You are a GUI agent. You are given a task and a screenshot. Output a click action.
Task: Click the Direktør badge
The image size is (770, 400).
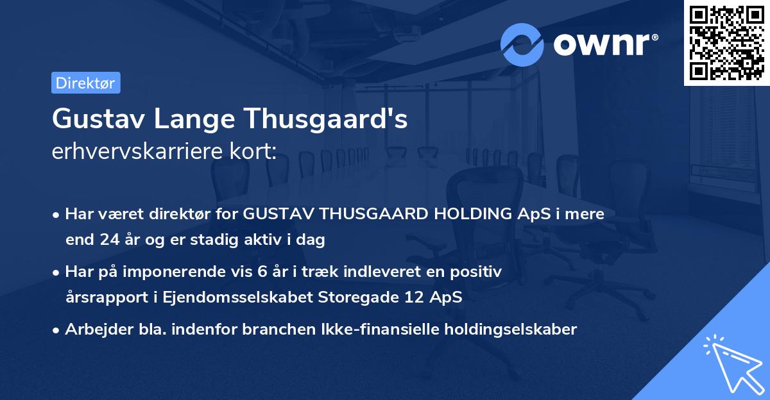tap(85, 83)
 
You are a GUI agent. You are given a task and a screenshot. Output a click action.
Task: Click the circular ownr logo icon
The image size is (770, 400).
tap(522, 44)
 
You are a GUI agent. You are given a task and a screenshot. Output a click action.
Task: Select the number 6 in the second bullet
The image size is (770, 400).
tap(261, 272)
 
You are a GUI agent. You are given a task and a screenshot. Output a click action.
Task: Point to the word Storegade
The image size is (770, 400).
tap(343, 297)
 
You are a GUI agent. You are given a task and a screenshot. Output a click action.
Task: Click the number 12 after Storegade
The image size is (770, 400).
tap(402, 297)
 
